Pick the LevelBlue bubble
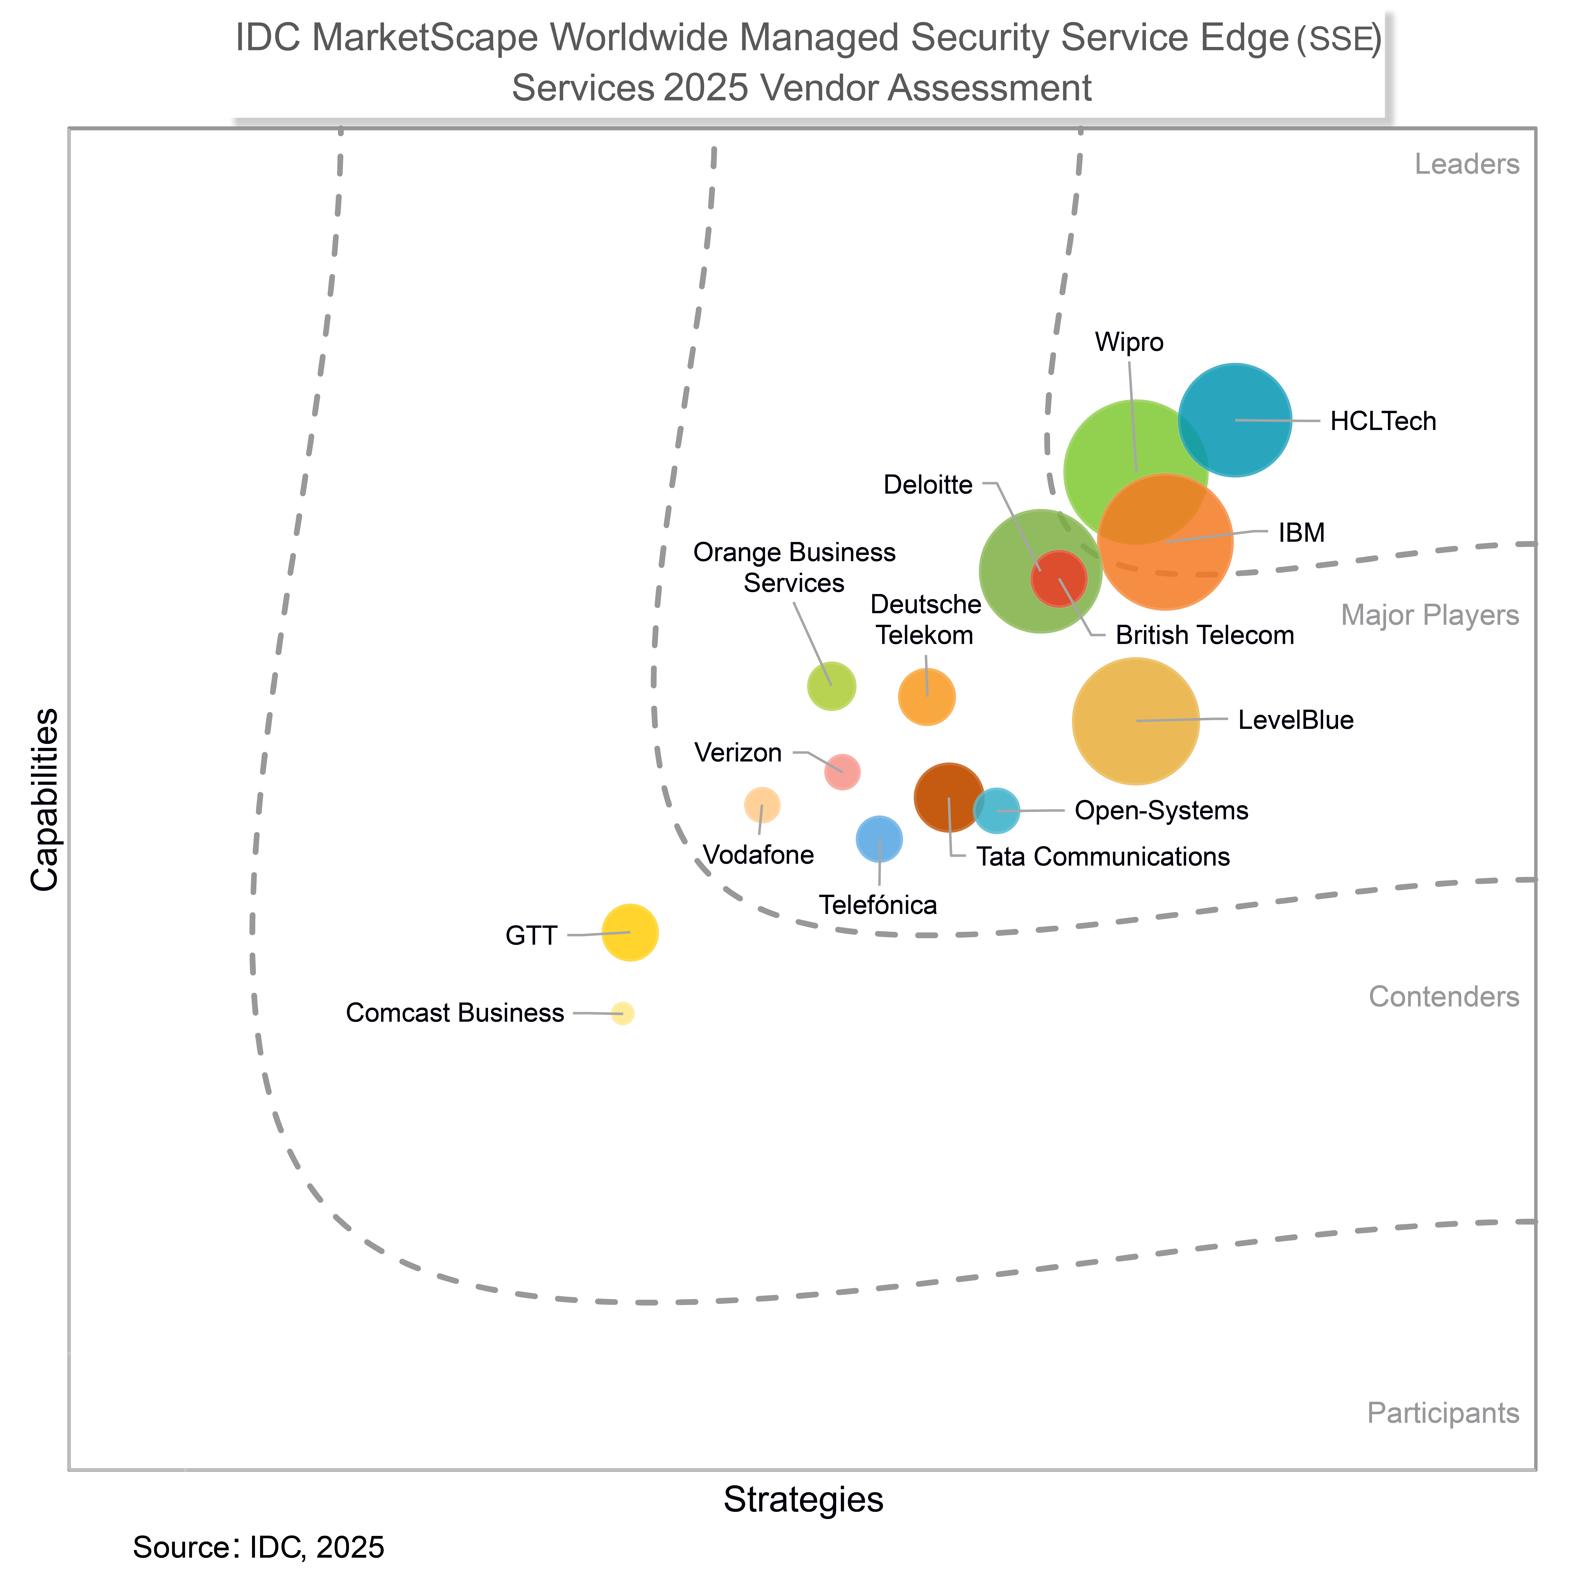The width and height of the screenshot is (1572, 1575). pos(1135,721)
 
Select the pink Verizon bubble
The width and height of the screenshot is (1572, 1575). pos(842,771)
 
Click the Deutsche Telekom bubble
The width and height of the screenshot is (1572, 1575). pos(927,697)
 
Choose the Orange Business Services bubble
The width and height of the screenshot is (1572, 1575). pos(831,686)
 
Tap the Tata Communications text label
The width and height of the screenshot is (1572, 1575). pos(1103,857)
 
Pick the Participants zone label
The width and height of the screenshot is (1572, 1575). pos(1443,1413)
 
